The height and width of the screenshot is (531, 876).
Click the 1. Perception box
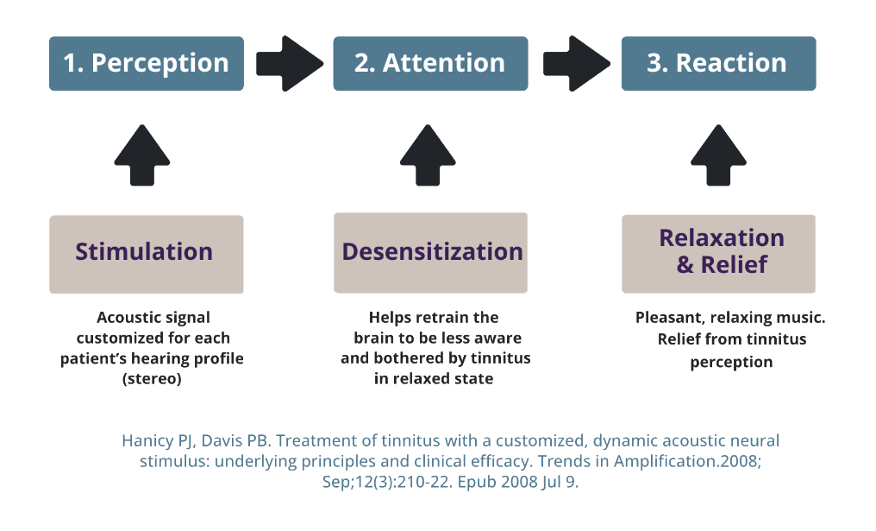coord(147,63)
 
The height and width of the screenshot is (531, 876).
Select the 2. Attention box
coord(430,63)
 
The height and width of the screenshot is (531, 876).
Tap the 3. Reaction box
coord(718,63)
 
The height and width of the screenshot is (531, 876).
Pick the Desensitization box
coord(431,253)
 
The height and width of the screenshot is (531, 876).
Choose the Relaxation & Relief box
coord(718,253)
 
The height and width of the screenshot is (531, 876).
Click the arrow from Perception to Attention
coord(289,63)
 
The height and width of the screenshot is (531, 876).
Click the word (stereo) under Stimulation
coord(152,379)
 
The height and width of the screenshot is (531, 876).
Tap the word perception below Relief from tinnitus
coord(731,363)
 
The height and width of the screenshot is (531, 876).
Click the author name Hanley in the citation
coord(147,440)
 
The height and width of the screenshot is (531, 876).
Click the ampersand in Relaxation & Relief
coord(685,264)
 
